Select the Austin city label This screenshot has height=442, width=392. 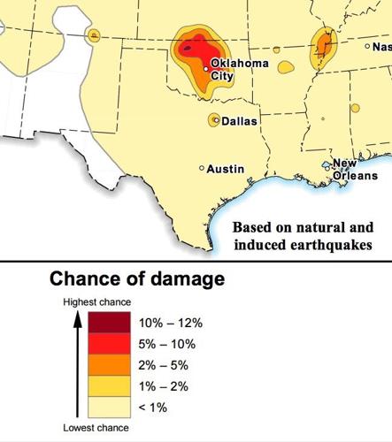pos(226,168)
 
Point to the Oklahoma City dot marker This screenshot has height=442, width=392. pos(206,68)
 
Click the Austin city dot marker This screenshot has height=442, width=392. pos(202,168)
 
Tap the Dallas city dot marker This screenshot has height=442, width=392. pos(215,119)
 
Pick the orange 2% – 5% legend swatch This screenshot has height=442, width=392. pos(109,365)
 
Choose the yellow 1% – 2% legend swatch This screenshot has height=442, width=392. pos(109,386)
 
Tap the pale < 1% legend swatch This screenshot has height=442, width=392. pos(109,408)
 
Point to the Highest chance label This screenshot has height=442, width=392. pos(96,302)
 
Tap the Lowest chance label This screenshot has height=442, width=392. pos(96,428)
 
